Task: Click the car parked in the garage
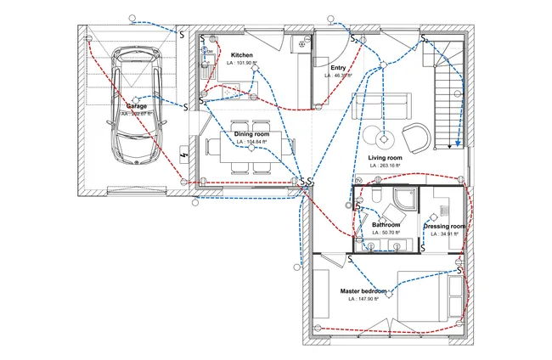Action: pos(135,105)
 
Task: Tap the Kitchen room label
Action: pos(242,56)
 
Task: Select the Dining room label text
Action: pos(251,134)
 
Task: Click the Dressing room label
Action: pos(445,227)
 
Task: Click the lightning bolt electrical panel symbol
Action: pos(186,156)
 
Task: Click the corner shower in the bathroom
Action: pos(402,201)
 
